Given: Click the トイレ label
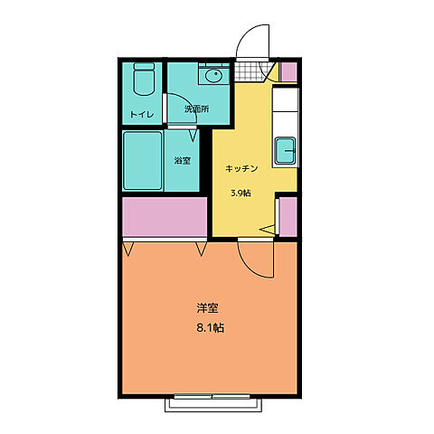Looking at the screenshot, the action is pyautogui.click(x=142, y=115).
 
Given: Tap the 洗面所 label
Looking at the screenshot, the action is pyautogui.click(x=196, y=109).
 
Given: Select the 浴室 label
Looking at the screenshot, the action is pyautogui.click(x=183, y=161).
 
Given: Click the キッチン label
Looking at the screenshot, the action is pyautogui.click(x=241, y=168).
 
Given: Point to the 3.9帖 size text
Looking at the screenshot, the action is pyautogui.click(x=241, y=193).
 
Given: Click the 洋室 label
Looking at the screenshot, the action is pyautogui.click(x=207, y=308).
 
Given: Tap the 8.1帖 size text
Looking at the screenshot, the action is pyautogui.click(x=211, y=328).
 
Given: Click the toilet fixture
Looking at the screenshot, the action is pyautogui.click(x=144, y=79).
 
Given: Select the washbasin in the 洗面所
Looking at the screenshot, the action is pyautogui.click(x=214, y=74).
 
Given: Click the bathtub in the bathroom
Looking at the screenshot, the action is pyautogui.click(x=143, y=161).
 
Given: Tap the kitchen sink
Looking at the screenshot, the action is pyautogui.click(x=285, y=151).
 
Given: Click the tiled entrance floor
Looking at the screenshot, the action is pyautogui.click(x=248, y=71).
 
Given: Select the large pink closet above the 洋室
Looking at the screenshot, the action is pyautogui.click(x=165, y=217).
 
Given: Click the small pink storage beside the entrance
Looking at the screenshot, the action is pyautogui.click(x=288, y=71).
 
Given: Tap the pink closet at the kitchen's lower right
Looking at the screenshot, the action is pyautogui.click(x=288, y=216).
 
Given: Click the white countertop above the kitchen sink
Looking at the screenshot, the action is pyautogui.click(x=285, y=111).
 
